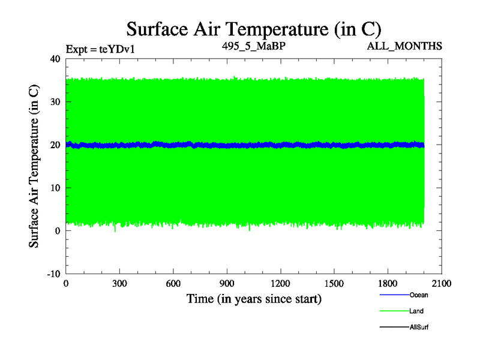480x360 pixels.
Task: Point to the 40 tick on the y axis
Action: (56, 59)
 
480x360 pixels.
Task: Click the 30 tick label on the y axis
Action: (56, 102)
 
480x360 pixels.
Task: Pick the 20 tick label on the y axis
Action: (56, 145)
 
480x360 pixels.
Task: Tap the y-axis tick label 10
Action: (56, 188)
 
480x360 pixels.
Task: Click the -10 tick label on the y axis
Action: (54, 274)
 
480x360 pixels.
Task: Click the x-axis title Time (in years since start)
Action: (254, 298)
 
